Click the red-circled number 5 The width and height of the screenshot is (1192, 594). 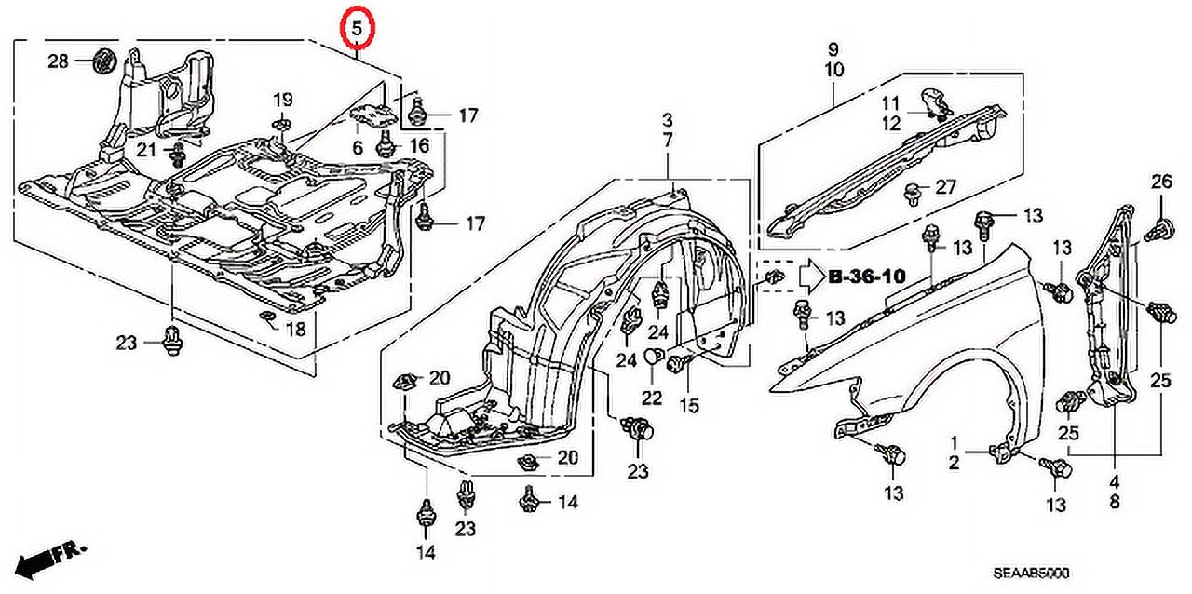357,29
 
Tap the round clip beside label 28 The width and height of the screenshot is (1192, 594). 102,61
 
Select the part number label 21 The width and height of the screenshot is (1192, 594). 146,150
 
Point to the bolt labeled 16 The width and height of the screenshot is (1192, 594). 385,145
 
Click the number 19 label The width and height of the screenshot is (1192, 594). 282,100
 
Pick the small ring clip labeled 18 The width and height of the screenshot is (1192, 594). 266,321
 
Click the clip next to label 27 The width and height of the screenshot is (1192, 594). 914,193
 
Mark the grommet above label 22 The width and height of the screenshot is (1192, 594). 652,354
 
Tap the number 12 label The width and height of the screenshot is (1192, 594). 892,123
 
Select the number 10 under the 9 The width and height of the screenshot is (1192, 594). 833,70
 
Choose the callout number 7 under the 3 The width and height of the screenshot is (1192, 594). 668,141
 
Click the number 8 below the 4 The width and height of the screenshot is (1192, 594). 1114,503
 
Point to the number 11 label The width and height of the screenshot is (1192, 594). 892,102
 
